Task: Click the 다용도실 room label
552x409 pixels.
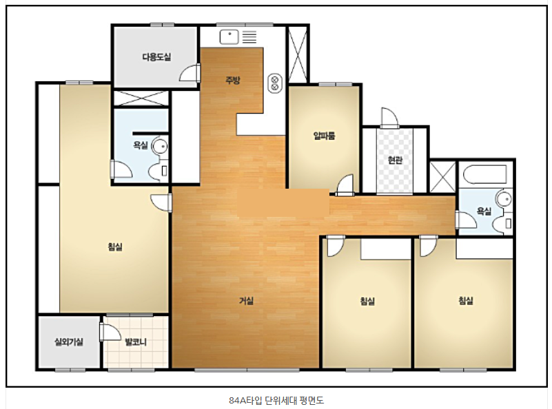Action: click(x=156, y=56)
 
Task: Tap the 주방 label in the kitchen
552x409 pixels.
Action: click(x=232, y=80)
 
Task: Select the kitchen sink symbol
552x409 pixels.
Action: click(x=229, y=37)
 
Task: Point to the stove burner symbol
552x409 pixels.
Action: click(x=275, y=83)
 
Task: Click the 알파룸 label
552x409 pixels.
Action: click(x=324, y=136)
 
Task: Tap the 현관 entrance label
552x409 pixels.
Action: click(x=395, y=160)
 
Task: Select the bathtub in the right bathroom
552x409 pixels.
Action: click(x=484, y=174)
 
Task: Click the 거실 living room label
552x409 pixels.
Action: click(x=246, y=301)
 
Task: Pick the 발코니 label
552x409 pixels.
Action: click(x=136, y=342)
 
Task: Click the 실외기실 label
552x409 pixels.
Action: click(x=69, y=342)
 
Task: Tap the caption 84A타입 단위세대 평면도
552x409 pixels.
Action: click(x=276, y=400)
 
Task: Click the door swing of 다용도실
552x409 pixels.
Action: click(x=190, y=73)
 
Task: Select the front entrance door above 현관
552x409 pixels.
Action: click(x=389, y=118)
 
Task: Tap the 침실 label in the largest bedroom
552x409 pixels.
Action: click(x=115, y=247)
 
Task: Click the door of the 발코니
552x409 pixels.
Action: click(x=110, y=332)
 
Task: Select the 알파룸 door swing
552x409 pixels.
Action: click(x=345, y=185)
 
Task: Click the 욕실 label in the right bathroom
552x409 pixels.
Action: click(x=484, y=211)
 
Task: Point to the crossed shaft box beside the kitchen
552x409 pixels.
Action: click(x=298, y=55)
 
